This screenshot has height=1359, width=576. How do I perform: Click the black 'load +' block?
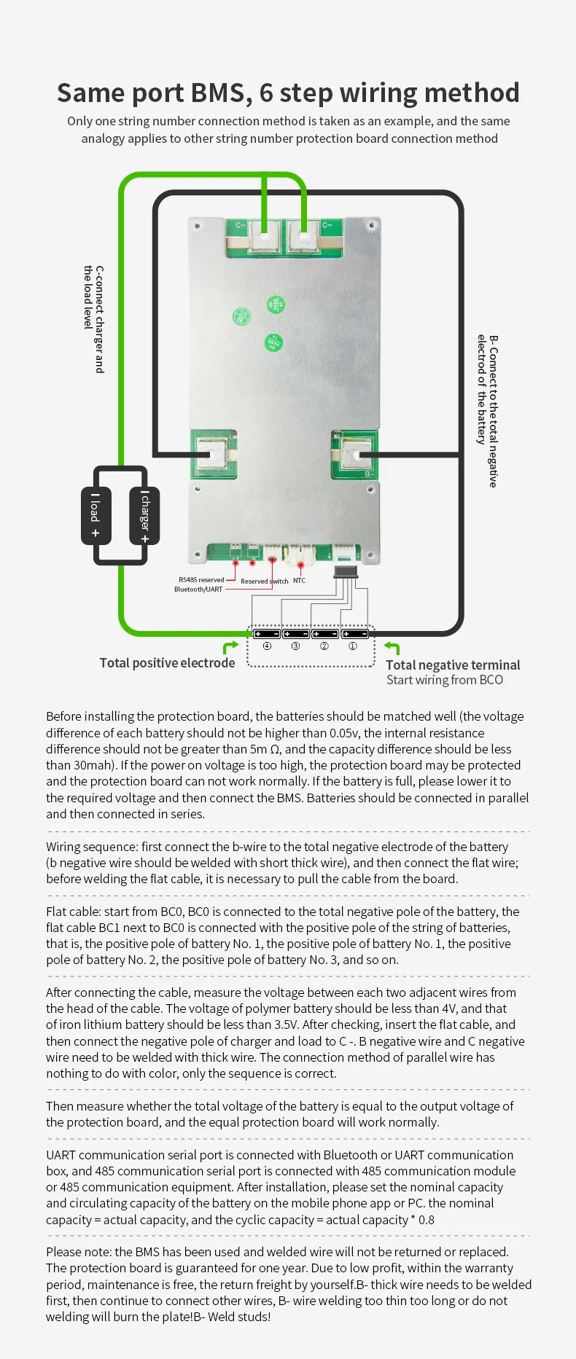click(x=96, y=515)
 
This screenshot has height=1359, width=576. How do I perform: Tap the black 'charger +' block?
click(x=144, y=516)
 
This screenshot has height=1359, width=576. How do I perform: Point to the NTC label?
click(x=299, y=581)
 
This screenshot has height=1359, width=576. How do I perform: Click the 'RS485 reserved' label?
click(x=201, y=580)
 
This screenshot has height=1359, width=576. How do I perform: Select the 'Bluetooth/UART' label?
click(x=198, y=590)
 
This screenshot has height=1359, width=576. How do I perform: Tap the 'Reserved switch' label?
click(x=264, y=581)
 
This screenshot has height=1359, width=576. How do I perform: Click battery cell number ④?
click(x=267, y=633)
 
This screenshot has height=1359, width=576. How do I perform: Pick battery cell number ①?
click(x=355, y=633)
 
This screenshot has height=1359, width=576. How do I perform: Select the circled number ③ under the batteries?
click(x=295, y=646)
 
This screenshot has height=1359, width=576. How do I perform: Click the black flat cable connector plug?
click(x=346, y=572)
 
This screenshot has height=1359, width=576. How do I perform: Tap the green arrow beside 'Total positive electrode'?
click(x=230, y=647)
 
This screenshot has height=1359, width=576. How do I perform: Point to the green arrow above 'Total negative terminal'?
click(x=392, y=647)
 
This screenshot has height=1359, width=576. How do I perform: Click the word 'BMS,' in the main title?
click(x=217, y=93)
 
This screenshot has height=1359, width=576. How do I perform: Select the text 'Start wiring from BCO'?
click(x=444, y=680)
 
